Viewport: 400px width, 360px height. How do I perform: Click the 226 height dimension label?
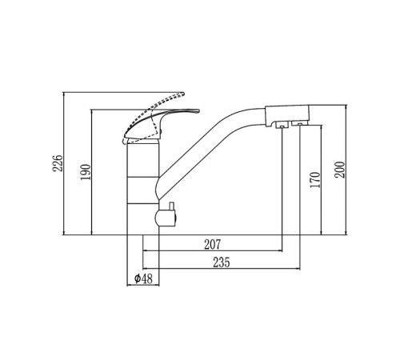tap(58, 163)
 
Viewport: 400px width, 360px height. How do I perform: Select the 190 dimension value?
tap(86, 172)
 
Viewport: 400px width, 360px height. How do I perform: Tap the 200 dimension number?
tap(340, 170)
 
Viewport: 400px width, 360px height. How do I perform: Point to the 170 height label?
tap(315, 180)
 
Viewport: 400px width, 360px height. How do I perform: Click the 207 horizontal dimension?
tap(213, 244)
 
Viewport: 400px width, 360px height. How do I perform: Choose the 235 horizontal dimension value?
tap(222, 262)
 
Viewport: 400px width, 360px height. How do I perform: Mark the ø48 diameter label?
tap(143, 279)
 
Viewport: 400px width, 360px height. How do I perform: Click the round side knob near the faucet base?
tap(166, 218)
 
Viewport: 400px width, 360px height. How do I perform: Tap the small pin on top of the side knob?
tap(171, 206)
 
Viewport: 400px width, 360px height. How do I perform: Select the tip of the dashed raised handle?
tap(183, 94)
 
